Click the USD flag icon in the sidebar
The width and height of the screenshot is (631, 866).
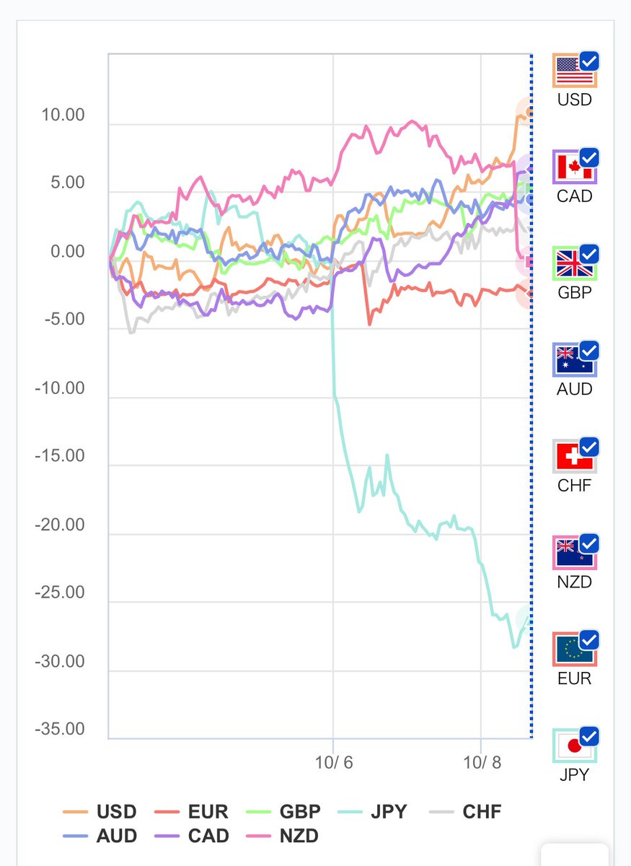tap(575, 71)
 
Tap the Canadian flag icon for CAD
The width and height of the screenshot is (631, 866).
tap(575, 168)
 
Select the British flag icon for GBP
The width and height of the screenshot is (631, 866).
tap(575, 264)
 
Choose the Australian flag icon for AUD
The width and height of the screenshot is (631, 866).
tap(575, 361)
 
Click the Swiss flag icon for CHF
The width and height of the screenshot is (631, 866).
tap(575, 457)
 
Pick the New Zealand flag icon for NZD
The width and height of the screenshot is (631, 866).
tap(575, 554)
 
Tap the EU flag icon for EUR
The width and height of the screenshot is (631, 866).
tap(575, 650)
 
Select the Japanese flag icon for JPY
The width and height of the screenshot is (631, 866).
tap(575, 746)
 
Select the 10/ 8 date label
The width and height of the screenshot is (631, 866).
tap(481, 762)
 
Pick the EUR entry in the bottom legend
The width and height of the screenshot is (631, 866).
tap(193, 812)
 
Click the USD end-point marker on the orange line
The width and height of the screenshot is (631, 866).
tap(529, 112)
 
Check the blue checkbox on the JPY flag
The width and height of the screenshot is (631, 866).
tap(589, 736)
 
